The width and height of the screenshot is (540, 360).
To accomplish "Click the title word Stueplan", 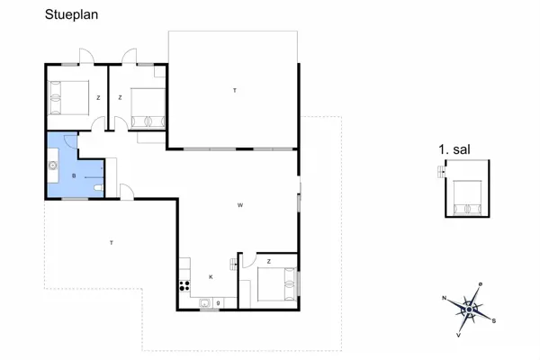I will click(x=72, y=15).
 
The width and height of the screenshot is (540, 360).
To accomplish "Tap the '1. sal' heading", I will click(x=454, y=150).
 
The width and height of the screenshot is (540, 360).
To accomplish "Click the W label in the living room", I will click(x=240, y=206).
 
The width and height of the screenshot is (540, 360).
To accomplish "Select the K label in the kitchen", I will click(x=211, y=277).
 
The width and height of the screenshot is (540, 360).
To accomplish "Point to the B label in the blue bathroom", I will click(x=74, y=176).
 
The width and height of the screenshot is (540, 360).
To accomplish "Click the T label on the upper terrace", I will click(x=234, y=90).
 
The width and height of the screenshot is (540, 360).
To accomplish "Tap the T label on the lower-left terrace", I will click(x=112, y=244).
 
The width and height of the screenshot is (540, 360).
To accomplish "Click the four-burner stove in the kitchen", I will click(x=184, y=287).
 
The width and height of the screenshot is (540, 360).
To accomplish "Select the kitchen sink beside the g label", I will click(x=205, y=303).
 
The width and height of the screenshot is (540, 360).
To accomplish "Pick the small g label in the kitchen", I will click(x=219, y=303).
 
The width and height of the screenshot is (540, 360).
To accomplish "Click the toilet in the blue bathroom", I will click(x=98, y=186).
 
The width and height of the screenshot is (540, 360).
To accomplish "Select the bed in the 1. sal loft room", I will click(x=467, y=198).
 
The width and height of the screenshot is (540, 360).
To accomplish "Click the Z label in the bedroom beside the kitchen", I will click(x=268, y=262).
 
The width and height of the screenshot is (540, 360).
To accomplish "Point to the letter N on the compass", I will click(x=445, y=297).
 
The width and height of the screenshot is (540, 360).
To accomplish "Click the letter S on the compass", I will click(x=494, y=319).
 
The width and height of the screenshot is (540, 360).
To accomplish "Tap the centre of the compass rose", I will click(x=468, y=309).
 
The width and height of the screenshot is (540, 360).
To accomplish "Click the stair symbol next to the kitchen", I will click(x=236, y=263).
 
